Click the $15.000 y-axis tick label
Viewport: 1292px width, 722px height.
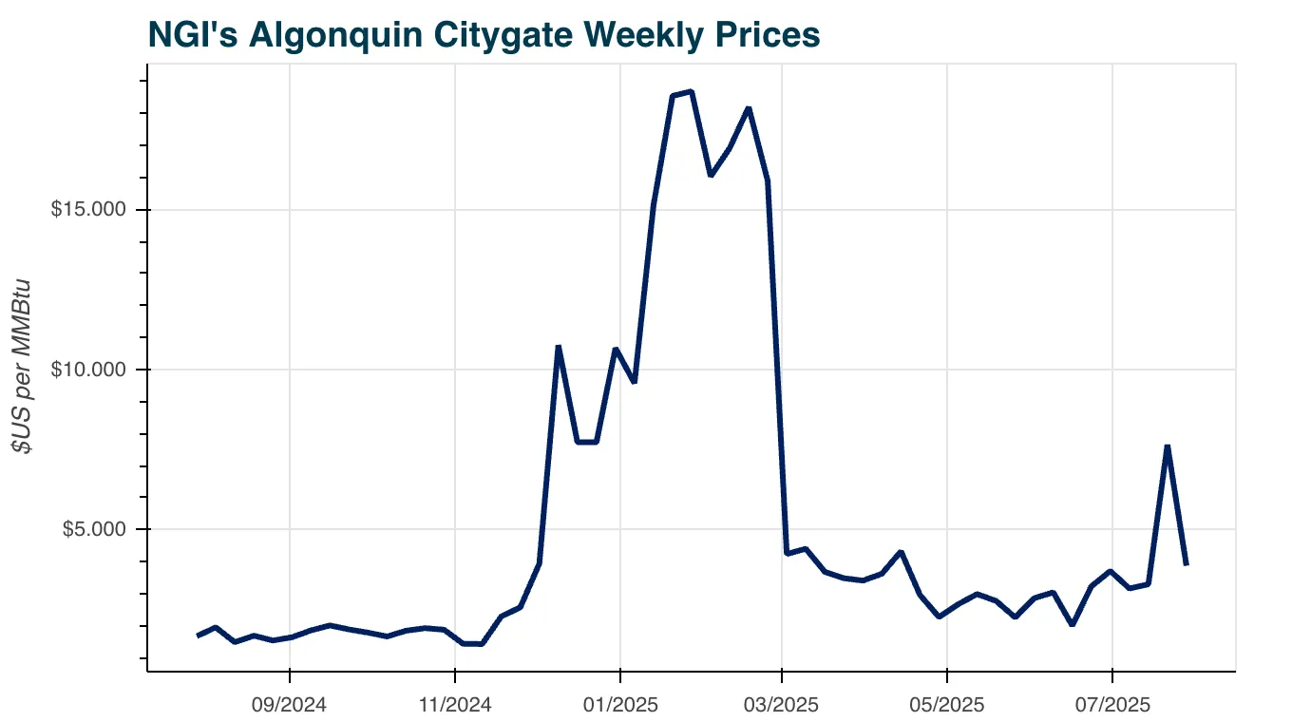coord(88,210)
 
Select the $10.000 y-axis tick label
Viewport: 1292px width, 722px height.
coord(88,370)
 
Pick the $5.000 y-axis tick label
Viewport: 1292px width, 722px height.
coord(92,529)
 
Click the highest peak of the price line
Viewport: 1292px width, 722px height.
coord(692,91)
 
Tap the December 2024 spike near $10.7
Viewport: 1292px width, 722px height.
coord(559,347)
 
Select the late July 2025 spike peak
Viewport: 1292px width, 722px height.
coord(1167,446)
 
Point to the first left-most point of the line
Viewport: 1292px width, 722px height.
coord(198,636)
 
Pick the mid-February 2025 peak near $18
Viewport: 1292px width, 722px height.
coord(749,108)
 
